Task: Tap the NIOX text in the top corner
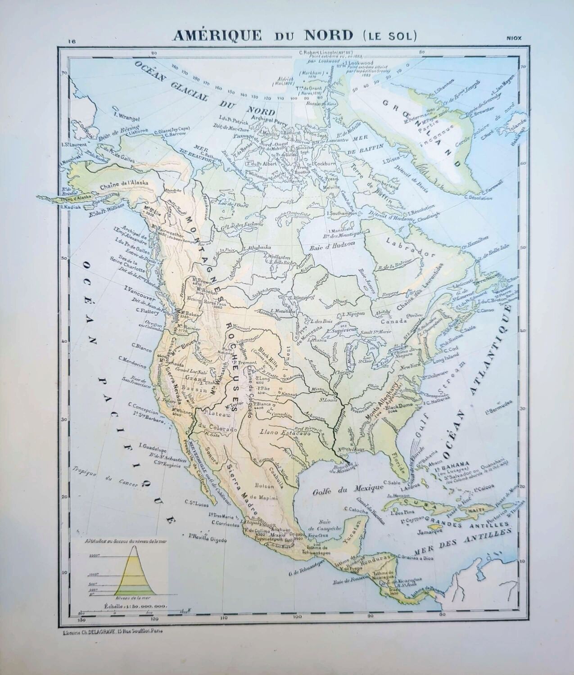coord(513,38)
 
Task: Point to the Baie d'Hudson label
coord(334,243)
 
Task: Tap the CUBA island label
coord(411,502)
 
